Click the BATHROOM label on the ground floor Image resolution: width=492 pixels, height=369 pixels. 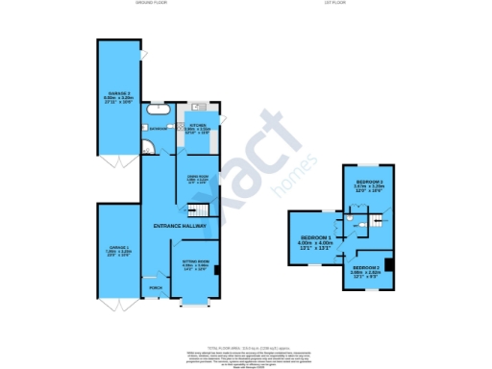[159, 130]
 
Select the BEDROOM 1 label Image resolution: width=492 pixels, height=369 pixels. [316, 237]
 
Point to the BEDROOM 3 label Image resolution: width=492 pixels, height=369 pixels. [369, 182]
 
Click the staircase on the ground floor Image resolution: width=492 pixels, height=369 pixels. [198, 210]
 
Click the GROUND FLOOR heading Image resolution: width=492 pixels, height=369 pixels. [153, 4]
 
